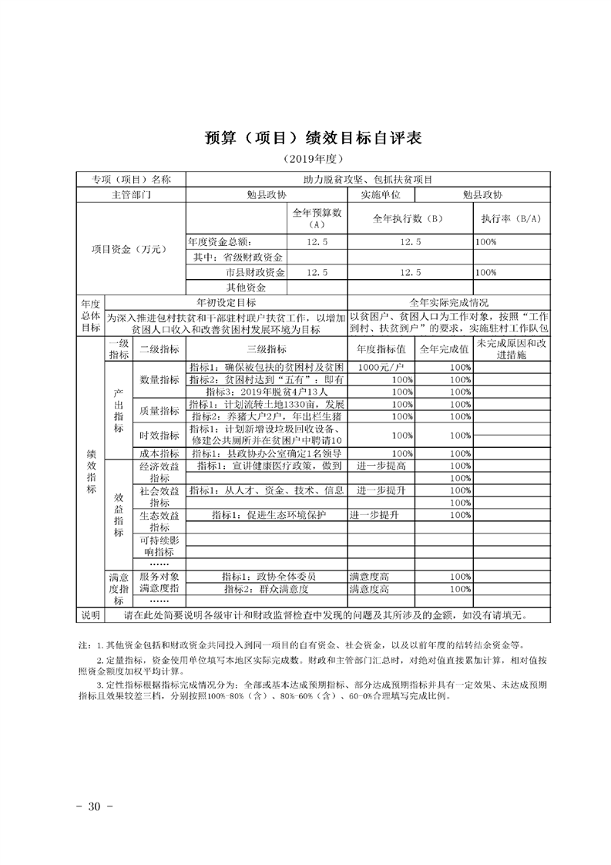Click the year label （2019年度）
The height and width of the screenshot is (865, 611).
[x=305, y=160]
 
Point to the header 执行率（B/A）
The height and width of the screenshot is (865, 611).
[x=511, y=219]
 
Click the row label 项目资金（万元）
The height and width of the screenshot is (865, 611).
[x=129, y=249]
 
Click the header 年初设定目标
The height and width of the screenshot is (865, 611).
[x=226, y=302]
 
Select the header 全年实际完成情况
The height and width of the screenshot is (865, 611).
[x=449, y=302]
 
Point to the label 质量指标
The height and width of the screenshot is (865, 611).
[x=159, y=411]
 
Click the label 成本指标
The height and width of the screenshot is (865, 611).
[x=159, y=453]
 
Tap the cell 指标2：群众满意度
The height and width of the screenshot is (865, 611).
[x=266, y=589]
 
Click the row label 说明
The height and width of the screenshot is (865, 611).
[x=91, y=615]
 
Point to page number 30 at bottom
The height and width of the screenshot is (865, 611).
[x=96, y=806]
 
